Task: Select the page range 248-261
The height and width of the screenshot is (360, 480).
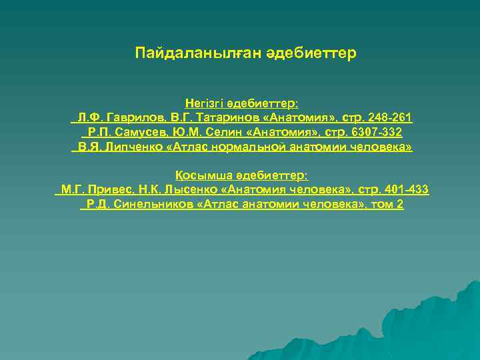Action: pyautogui.click(x=389, y=118)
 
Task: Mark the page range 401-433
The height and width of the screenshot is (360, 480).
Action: pyautogui.click(x=405, y=190)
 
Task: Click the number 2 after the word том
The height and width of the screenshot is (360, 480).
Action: pyautogui.click(x=400, y=205)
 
